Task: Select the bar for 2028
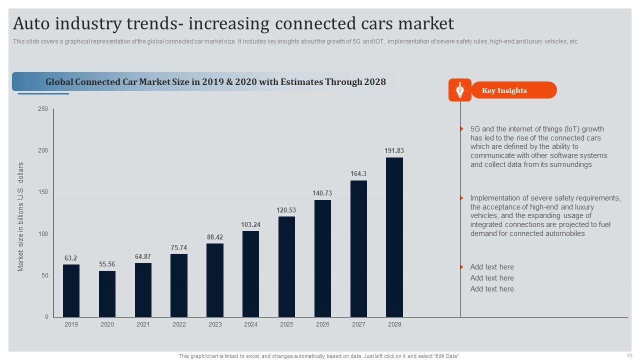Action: pyautogui.click(x=394, y=237)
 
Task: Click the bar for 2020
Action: pyautogui.click(x=107, y=294)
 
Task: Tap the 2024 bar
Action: pyautogui.click(x=250, y=274)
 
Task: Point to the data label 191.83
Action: pyautogui.click(x=394, y=150)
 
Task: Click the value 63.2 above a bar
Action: pyautogui.click(x=71, y=258)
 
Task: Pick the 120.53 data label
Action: pyautogui.click(x=286, y=210)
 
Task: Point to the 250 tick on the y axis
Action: pyautogui.click(x=43, y=109)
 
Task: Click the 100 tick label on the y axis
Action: pyautogui.click(x=43, y=234)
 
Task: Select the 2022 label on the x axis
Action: pyautogui.click(x=179, y=324)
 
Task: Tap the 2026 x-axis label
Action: pyautogui.click(x=322, y=324)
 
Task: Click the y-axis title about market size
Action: pyautogui.click(x=21, y=216)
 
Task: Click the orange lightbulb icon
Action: pyautogui.click(x=460, y=90)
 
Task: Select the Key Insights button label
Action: pyautogui.click(x=504, y=90)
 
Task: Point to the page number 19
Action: pyautogui.click(x=629, y=355)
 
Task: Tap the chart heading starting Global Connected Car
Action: pyautogui.click(x=215, y=82)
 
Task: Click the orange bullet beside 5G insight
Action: pyautogui.click(x=462, y=129)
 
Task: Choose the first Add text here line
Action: pyautogui.click(x=492, y=267)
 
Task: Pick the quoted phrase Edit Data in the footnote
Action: pyautogui.click(x=445, y=356)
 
